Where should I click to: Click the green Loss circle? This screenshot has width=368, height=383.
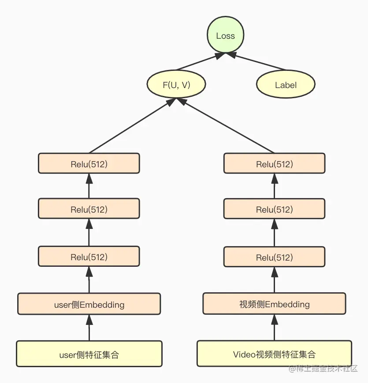click(225, 36)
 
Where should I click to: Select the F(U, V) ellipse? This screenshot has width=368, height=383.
click(177, 85)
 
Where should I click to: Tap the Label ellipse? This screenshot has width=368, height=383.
click(286, 85)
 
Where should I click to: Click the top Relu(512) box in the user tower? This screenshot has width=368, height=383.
click(89, 164)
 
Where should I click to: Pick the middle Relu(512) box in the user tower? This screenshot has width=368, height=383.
click(89, 209)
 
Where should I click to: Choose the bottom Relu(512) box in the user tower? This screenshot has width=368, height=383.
click(89, 257)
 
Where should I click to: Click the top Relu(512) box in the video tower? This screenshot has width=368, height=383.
click(274, 164)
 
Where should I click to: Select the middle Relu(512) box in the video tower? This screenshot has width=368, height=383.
click(274, 209)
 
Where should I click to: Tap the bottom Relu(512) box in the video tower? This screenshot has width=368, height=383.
click(274, 257)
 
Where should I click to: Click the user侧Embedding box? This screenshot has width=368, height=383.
click(89, 304)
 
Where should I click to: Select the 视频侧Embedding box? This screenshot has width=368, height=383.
click(274, 304)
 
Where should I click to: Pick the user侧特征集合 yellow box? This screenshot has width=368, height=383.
click(89, 354)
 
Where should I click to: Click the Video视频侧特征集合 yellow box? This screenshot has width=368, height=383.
click(274, 354)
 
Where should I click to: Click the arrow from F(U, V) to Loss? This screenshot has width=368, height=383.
click(198, 63)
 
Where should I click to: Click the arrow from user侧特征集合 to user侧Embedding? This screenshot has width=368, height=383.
click(89, 328)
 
